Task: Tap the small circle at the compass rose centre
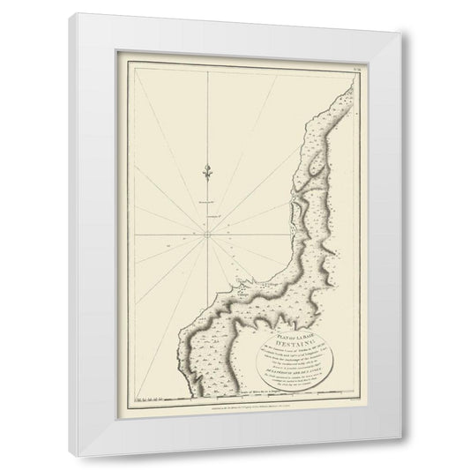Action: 204,235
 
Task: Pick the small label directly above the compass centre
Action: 205,220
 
